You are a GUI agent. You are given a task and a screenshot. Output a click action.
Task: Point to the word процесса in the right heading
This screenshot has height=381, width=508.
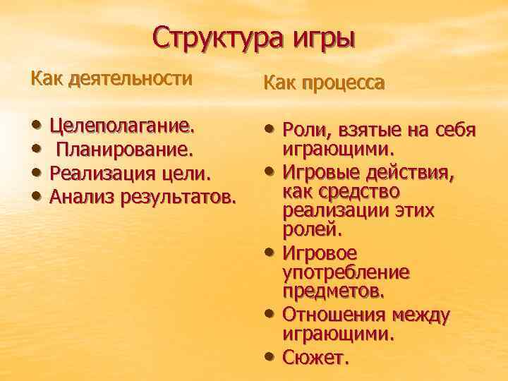(x=345, y=84)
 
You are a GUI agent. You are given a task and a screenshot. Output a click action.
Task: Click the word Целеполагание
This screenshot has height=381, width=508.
(x=122, y=127)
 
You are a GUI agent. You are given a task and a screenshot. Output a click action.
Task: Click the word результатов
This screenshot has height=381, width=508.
(x=176, y=196)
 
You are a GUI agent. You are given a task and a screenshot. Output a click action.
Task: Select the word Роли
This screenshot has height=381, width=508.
(x=302, y=130)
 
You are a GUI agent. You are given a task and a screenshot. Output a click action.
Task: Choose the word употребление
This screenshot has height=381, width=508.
(x=346, y=272)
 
